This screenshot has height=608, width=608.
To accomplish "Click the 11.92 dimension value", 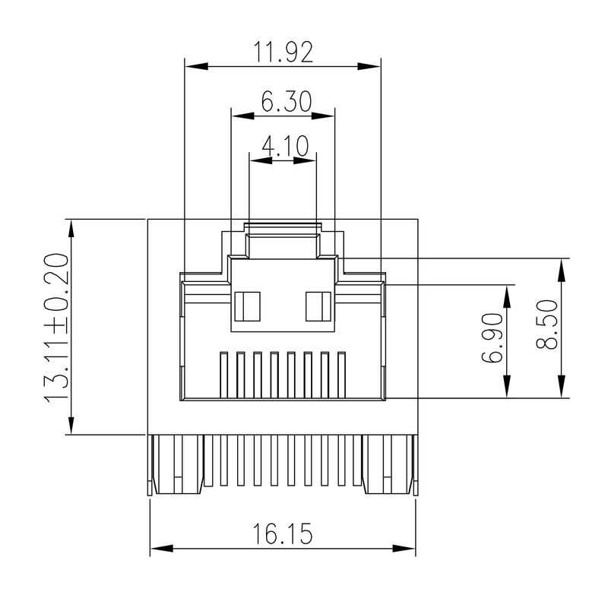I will (x=283, y=52).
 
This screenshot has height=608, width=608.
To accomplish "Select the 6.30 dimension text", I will (x=283, y=102).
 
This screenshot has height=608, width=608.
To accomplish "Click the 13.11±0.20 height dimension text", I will (x=57, y=328).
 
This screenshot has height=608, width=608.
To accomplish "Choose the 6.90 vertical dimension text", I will (x=493, y=337).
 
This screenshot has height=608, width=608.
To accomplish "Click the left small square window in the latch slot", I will (x=247, y=306).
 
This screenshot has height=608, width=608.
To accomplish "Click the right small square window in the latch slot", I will (x=317, y=306).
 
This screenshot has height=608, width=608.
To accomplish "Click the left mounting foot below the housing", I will (x=176, y=465).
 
